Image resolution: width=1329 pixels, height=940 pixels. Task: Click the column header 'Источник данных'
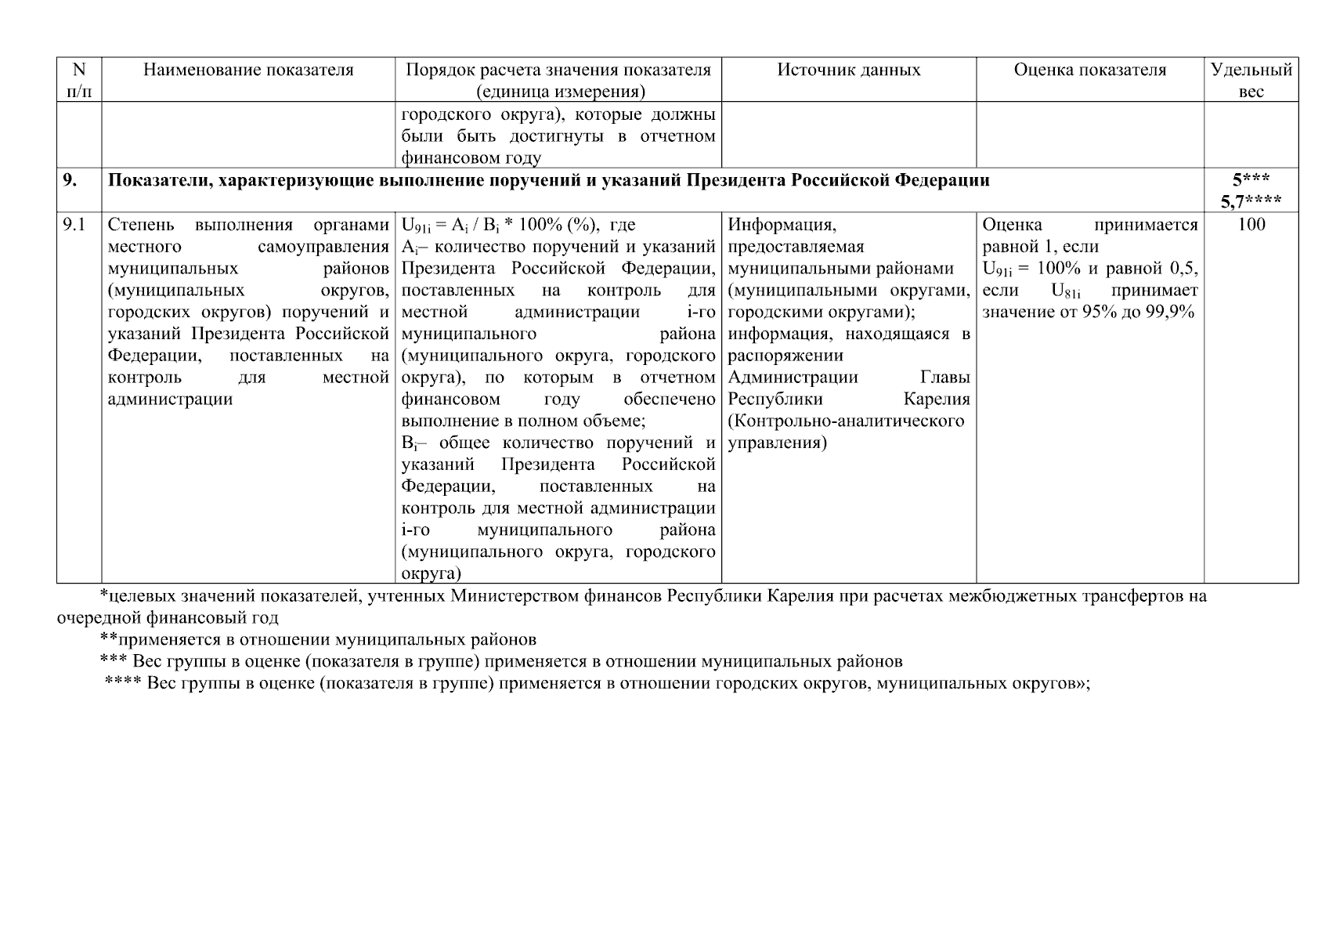coord(848,70)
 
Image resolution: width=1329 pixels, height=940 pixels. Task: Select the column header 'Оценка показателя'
coord(1089,70)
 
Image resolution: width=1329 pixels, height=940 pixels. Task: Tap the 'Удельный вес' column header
coord(1251,80)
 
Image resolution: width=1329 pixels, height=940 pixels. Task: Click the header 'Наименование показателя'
coord(248,70)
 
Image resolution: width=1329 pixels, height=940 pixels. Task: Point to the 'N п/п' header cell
coord(79,80)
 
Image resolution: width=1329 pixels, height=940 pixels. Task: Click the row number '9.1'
coord(74,226)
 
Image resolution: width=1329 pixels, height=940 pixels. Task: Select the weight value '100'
coord(1251,226)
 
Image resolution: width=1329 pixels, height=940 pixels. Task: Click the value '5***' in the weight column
coord(1251,180)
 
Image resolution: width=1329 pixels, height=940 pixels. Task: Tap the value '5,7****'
coord(1251,202)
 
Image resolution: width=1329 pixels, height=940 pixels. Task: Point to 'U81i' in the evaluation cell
coord(1066,291)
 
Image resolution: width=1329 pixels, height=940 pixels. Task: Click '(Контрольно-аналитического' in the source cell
coord(846,421)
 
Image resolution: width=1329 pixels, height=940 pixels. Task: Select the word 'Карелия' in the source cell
coord(937,399)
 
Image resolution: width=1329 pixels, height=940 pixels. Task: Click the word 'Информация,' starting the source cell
coord(782,226)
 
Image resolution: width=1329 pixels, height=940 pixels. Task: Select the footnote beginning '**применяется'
coord(318,639)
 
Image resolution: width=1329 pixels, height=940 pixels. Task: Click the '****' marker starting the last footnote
coord(123,683)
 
